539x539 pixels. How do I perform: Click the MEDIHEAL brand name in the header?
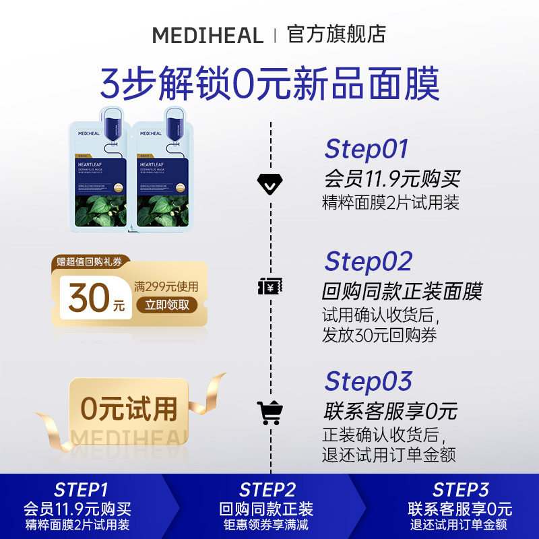(x=208, y=35)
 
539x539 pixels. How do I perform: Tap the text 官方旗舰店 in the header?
(x=336, y=34)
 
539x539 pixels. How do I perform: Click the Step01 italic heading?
(x=367, y=150)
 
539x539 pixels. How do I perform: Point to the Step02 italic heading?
(x=368, y=261)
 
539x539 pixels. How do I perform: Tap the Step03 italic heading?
(x=368, y=381)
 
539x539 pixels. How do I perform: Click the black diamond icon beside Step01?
(x=270, y=181)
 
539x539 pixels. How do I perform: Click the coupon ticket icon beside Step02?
(x=270, y=286)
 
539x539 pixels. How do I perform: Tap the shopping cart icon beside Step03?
(x=270, y=412)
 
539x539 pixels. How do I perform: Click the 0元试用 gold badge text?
(x=129, y=408)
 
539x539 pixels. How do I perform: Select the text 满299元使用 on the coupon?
(x=166, y=286)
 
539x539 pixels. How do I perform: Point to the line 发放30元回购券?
(x=379, y=335)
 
